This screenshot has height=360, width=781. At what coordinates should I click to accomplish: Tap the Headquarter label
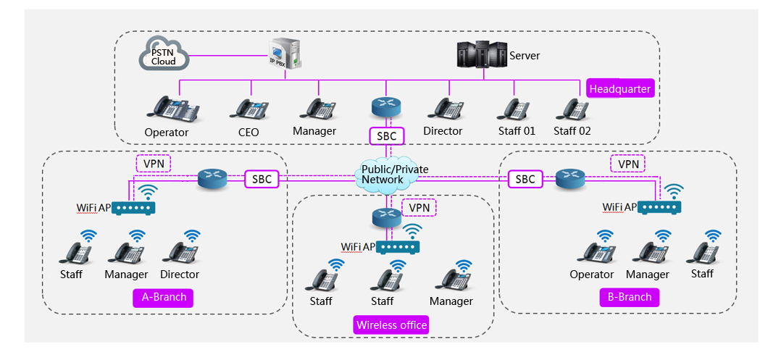pyautogui.click(x=619, y=89)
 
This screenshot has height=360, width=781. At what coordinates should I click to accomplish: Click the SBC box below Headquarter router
pyautogui.click(x=386, y=136)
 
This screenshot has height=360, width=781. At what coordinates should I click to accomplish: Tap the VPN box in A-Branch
pyautogui.click(x=154, y=163)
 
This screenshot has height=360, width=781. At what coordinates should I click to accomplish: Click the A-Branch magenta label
pyautogui.click(x=163, y=297)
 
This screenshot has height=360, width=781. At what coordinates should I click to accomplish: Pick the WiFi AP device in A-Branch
pyautogui.click(x=134, y=209)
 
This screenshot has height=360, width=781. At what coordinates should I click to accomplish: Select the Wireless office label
pyautogui.click(x=391, y=325)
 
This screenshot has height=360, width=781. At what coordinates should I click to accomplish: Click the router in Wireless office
pyautogui.click(x=385, y=217)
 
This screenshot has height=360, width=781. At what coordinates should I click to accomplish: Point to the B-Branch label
pyautogui.click(x=629, y=297)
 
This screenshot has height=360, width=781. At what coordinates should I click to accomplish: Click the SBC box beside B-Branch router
pyautogui.click(x=525, y=179)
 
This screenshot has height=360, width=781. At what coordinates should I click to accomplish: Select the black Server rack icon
pyautogui.click(x=481, y=55)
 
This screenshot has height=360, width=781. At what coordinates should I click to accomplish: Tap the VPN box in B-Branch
pyautogui.click(x=627, y=164)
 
